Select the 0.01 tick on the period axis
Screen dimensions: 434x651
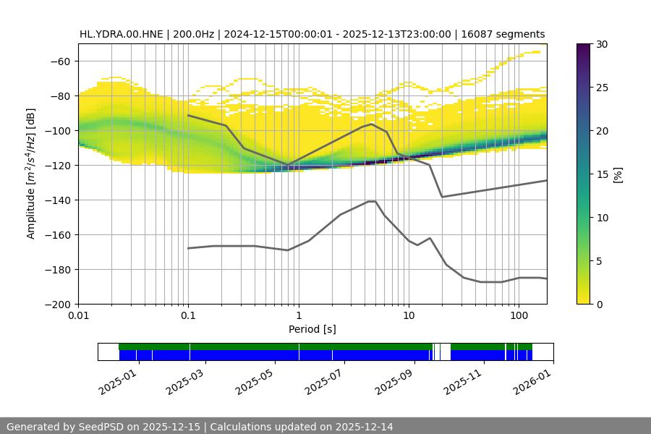pos(78,315)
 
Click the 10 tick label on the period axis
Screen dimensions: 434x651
pos(408,315)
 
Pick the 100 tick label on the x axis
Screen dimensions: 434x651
pos(518,315)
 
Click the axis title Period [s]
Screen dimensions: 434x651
pos(312,329)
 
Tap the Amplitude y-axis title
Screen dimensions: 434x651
pos(30,174)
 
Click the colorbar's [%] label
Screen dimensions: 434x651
pos(618,174)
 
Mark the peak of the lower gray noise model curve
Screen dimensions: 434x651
pos(372,201)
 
